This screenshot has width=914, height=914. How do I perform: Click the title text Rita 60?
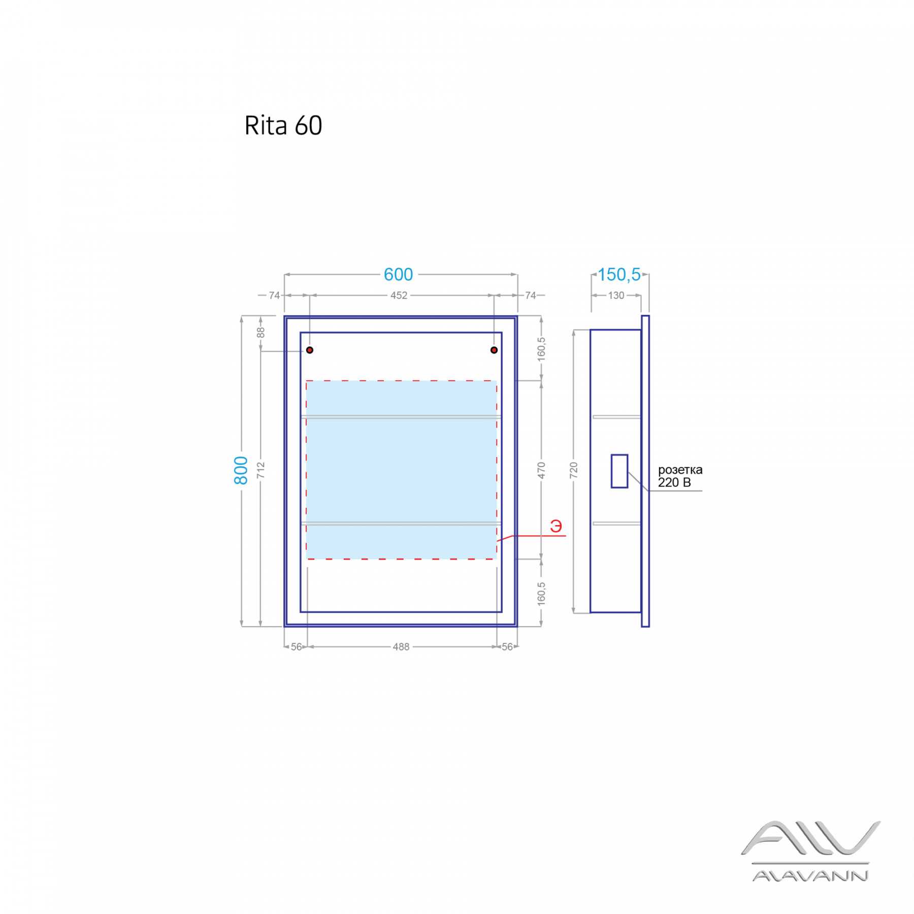pos(283,125)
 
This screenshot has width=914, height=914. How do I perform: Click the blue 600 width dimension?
pos(398,275)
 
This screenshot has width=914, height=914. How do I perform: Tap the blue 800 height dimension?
pos(241,470)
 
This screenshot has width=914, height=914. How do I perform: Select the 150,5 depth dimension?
pos(619,275)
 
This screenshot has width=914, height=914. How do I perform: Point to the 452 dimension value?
pos(399,296)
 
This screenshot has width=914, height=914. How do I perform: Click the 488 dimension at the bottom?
pos(401,647)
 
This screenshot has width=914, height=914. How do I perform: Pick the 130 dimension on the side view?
pos(616,296)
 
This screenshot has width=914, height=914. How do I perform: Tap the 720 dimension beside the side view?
pos(574,470)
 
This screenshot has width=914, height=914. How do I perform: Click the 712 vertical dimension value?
pos(260,470)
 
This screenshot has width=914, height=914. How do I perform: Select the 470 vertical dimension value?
pos(541,470)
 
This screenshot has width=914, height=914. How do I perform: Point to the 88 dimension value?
pos(260,333)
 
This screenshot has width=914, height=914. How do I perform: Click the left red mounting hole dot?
pos(310,350)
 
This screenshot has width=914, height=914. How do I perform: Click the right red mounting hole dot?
pos(494,350)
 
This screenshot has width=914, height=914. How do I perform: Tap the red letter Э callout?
pos(556,526)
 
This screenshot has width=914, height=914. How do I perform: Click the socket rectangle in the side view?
pos(619,471)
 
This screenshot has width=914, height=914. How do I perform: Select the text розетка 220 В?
pos(680,476)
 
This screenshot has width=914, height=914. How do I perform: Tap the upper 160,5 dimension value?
pos(541,349)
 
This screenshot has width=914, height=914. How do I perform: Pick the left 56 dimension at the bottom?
pos(297,647)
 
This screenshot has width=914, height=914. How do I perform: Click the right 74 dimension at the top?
pos(531,296)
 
